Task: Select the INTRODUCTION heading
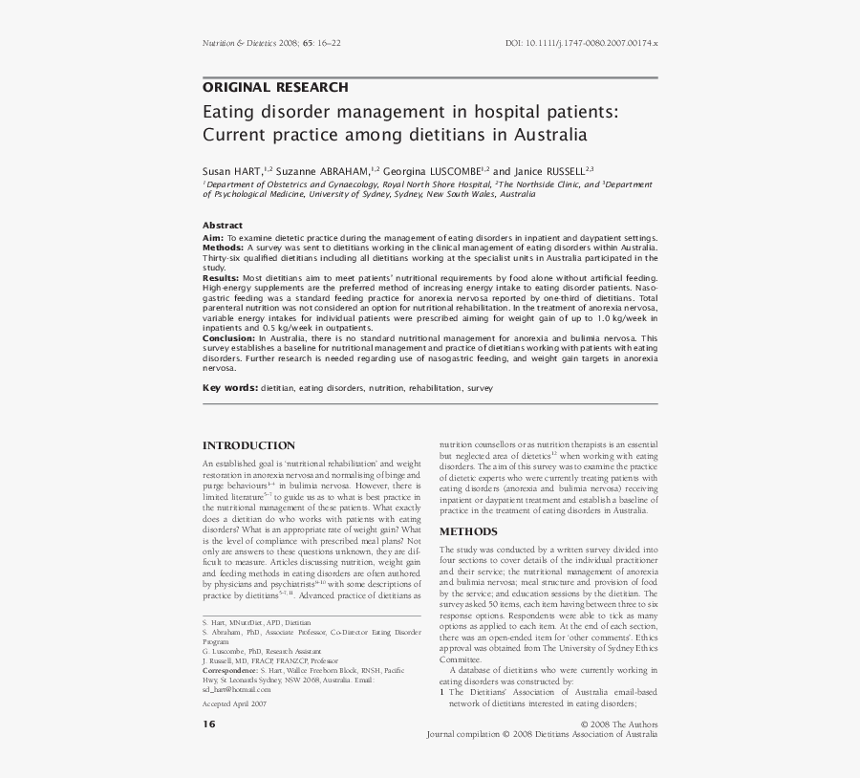pos(248,445)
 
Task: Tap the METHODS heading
pos(467,531)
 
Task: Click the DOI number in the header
pos(581,44)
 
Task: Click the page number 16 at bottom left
pos(208,724)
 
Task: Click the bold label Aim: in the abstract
pos(212,237)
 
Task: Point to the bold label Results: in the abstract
pos(221,277)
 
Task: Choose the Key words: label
pos(229,388)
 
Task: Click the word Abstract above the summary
pos(223,226)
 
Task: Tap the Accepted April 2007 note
pos(234,702)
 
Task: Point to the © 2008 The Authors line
pos(617,724)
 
